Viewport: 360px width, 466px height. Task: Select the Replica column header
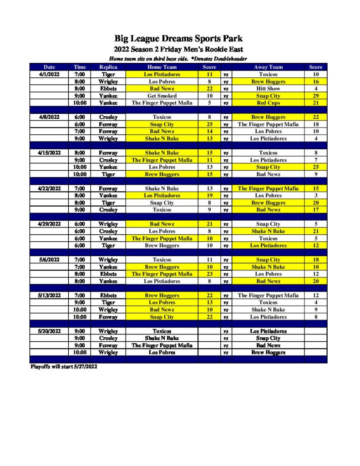click(x=108, y=67)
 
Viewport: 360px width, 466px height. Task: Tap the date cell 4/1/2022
click(x=49, y=74)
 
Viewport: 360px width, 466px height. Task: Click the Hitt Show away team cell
click(x=268, y=89)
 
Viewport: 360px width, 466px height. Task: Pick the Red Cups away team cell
click(x=268, y=103)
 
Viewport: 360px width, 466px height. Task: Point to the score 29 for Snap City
click(x=315, y=96)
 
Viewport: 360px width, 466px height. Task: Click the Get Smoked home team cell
click(x=162, y=96)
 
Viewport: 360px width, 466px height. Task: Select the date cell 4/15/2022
click(x=50, y=153)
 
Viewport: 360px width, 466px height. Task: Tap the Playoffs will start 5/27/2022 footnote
click(x=63, y=367)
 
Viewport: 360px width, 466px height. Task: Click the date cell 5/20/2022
click(x=50, y=331)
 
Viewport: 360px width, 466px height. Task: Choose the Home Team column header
click(x=162, y=67)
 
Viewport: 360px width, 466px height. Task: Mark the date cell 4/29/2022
click(x=50, y=224)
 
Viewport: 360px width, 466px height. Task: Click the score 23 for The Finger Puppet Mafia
click(x=209, y=274)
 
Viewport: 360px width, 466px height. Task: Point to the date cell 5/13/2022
click(x=50, y=295)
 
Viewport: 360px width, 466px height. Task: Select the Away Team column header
click(x=268, y=67)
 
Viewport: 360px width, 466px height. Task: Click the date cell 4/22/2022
click(x=50, y=188)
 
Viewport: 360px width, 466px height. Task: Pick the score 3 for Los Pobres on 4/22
click(x=315, y=196)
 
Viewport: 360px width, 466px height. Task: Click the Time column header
click(x=80, y=67)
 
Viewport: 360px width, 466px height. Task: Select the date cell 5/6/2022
click(x=49, y=260)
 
